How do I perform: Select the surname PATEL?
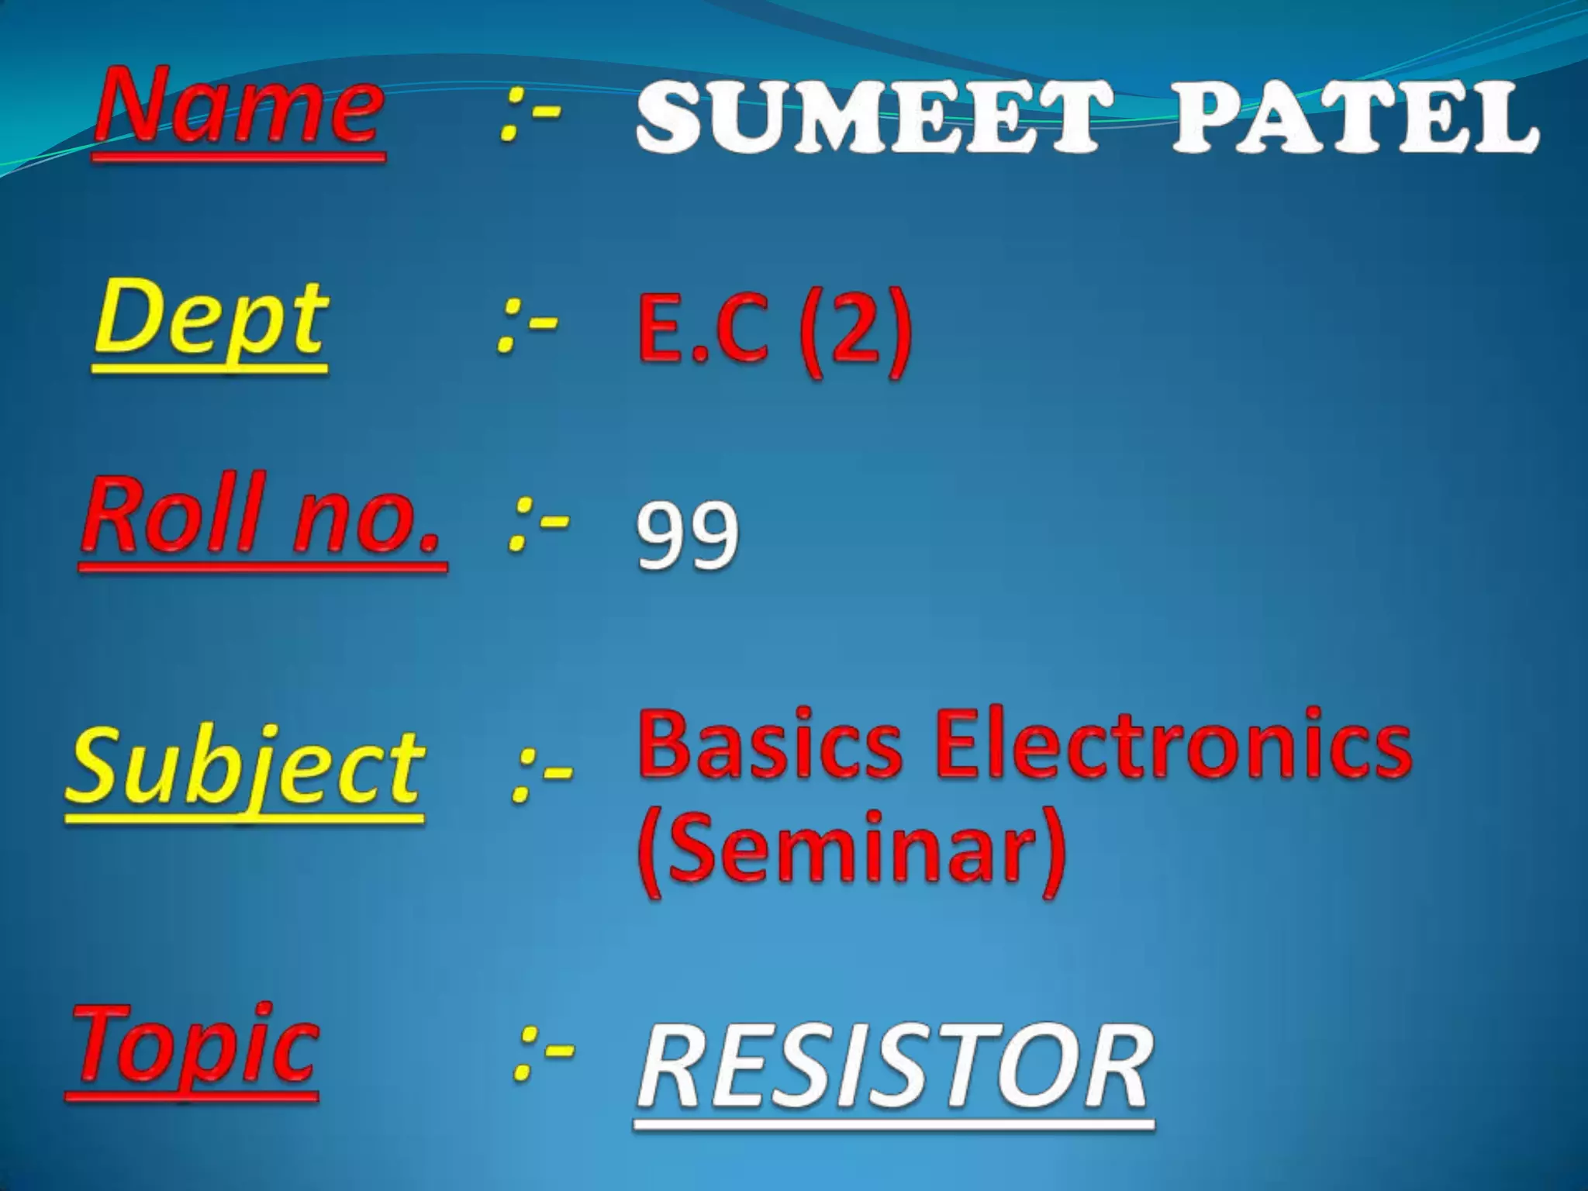(x=1354, y=120)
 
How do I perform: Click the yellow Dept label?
(x=209, y=322)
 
